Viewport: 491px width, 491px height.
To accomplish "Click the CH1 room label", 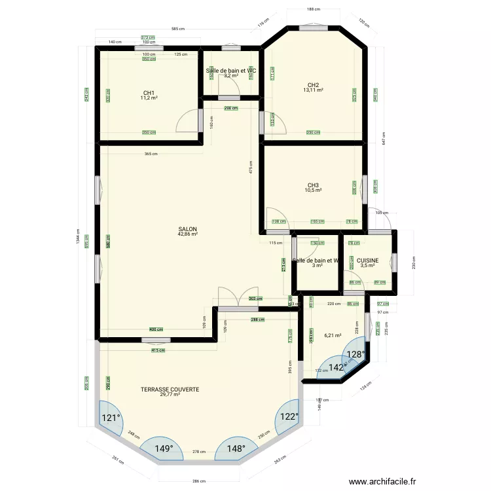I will coord(149,92).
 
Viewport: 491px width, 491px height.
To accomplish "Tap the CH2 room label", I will coord(313,84).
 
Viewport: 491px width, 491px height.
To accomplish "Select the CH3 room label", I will coord(313,185).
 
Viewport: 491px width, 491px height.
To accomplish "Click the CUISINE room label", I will coord(368,260).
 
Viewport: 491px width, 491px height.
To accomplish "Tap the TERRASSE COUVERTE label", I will coord(170,389).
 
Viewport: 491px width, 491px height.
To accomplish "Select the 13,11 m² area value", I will coord(313,90).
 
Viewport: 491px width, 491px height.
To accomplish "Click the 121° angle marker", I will coord(110,418).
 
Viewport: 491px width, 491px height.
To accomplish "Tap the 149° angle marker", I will coord(164,448).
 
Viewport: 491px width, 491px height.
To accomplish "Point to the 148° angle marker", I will coord(236,448).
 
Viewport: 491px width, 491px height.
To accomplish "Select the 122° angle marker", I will coord(289,416).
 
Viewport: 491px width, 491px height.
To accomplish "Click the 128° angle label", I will coord(355,354).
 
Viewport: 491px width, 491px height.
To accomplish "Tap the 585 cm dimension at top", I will coord(177,29).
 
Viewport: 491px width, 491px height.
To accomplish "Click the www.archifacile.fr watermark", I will coord(382,482).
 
